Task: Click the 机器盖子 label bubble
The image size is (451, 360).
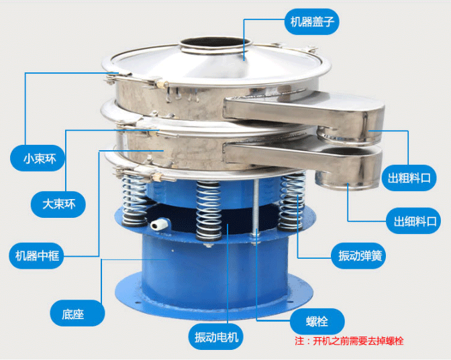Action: pyautogui.click(x=312, y=21)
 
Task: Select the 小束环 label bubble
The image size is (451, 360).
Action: pyautogui.click(x=37, y=158)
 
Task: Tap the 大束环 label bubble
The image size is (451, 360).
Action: pyautogui.click(x=58, y=204)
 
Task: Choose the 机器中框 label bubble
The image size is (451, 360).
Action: pyautogui.click(x=37, y=255)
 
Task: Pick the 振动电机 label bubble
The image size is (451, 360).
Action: pyautogui.click(x=215, y=337)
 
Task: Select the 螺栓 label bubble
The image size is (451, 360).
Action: pyautogui.click(x=317, y=322)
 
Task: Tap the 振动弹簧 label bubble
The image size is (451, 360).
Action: pyautogui.click(x=358, y=255)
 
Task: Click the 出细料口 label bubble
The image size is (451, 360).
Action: pyautogui.click(x=413, y=221)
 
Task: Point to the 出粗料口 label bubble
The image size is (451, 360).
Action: pyautogui.click(x=409, y=178)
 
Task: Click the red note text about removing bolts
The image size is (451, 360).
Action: pyautogui.click(x=349, y=341)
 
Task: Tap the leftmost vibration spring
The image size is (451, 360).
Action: pyautogui.click(x=134, y=200)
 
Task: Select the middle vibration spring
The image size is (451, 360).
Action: pyautogui.click(x=209, y=211)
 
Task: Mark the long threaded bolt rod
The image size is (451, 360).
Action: pyautogui.click(x=256, y=210)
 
